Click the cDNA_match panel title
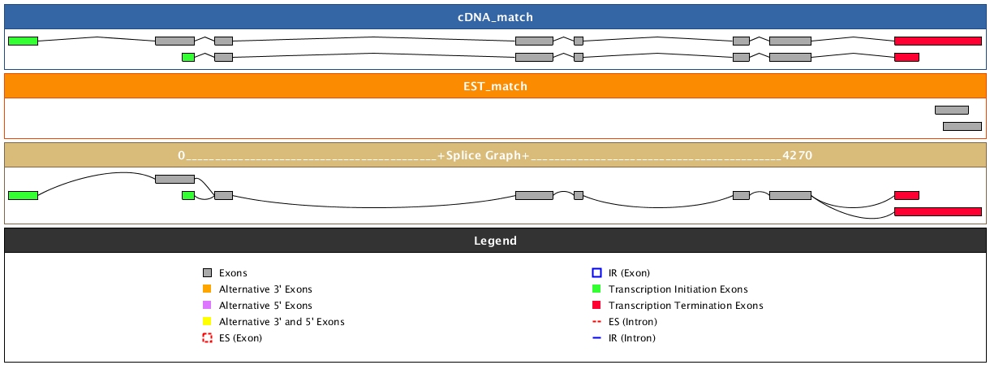tap(494, 17)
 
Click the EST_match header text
tap(494, 86)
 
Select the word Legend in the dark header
tap(494, 241)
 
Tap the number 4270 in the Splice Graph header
tap(797, 154)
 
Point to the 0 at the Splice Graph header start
tap(182, 154)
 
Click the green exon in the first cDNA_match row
tap(23, 41)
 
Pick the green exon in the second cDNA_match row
tap(188, 57)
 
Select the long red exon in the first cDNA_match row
tap(937, 41)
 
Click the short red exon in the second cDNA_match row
tap(906, 57)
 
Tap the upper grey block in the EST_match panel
tap(951, 110)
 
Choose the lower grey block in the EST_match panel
tap(962, 126)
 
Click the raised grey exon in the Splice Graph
tap(174, 179)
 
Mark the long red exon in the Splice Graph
tap(937, 211)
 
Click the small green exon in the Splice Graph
tap(188, 195)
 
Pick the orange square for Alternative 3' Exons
tap(207, 289)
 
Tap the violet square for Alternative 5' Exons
tap(207, 306)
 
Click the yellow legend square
tap(207, 322)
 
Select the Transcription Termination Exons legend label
tap(686, 306)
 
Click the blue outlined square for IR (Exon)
tap(596, 273)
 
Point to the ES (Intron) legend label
tap(632, 322)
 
